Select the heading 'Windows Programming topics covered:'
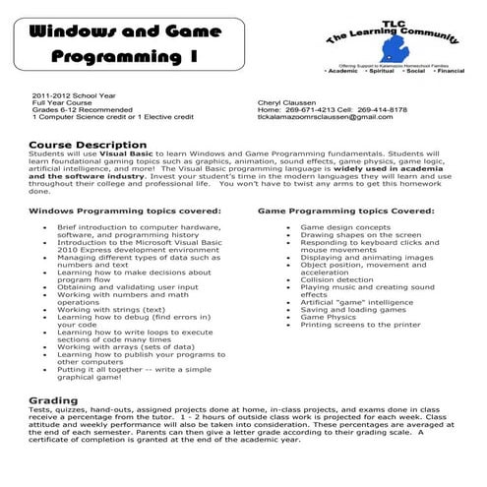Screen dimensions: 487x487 pyautogui.click(x=125, y=211)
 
